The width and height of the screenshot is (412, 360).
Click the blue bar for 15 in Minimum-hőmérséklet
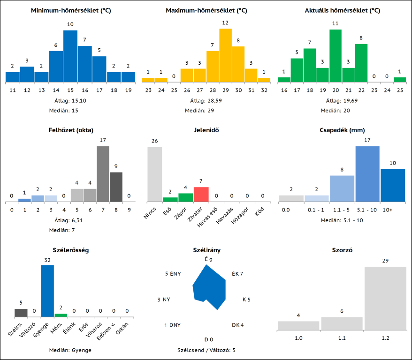tap(70, 56)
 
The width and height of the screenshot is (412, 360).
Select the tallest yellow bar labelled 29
tap(225, 55)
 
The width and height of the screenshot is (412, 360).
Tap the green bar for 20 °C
tap(335, 56)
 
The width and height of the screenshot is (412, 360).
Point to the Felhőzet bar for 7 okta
tap(103, 174)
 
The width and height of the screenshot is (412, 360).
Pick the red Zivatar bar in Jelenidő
tap(201, 194)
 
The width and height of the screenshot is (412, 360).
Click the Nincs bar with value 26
tap(155, 174)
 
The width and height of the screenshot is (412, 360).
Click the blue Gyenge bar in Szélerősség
tap(47, 291)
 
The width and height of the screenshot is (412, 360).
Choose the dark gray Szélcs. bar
tap(21, 313)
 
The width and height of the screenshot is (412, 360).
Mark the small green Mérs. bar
tap(61, 315)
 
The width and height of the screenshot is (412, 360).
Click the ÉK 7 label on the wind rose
tap(237, 274)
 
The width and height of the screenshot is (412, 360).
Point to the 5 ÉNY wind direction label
tap(173, 274)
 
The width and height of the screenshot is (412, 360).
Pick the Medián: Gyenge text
tap(70, 350)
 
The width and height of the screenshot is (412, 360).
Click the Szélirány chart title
tap(206, 250)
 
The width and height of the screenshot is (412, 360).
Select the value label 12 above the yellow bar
tap(225, 23)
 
